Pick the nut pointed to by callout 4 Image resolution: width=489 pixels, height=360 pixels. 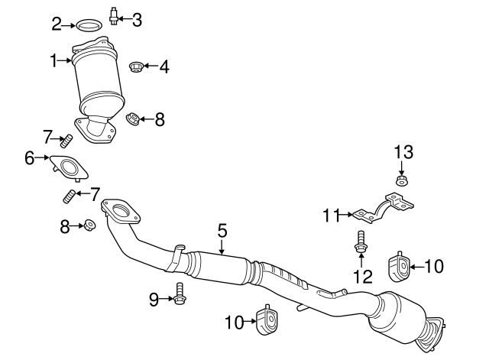[136, 67]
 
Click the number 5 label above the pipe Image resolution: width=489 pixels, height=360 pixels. [222, 230]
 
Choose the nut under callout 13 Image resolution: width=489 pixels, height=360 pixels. [402, 180]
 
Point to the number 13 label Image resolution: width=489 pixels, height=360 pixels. [403, 152]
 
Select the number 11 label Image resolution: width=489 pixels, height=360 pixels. [330, 216]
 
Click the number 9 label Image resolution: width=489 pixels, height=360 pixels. [154, 300]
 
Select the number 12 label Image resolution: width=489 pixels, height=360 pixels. [362, 276]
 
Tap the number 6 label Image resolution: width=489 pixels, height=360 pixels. [30, 158]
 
